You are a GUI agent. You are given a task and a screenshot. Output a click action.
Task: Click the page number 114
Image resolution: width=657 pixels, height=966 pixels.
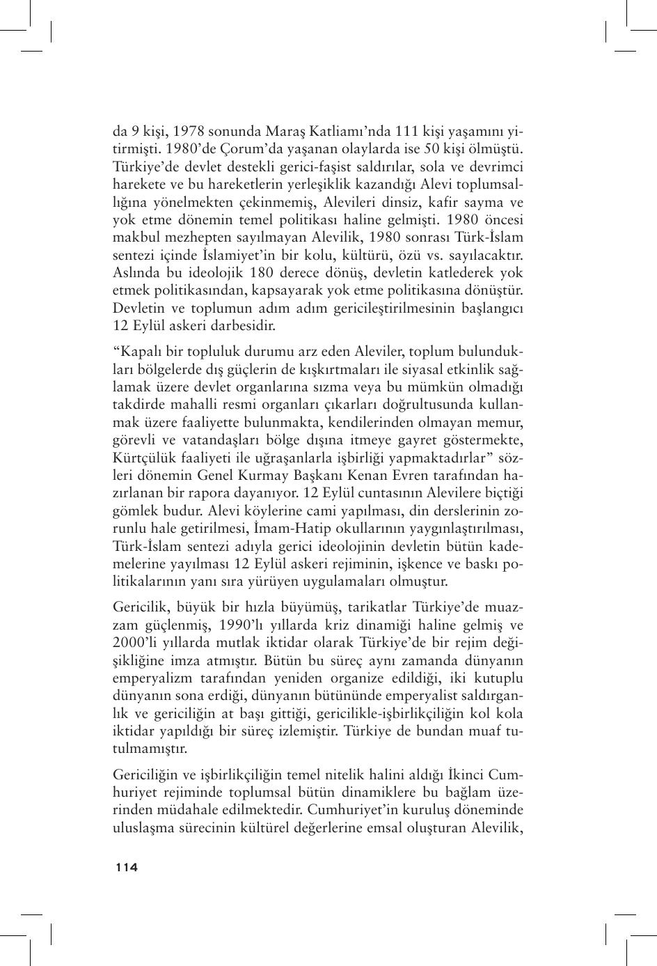[127, 867]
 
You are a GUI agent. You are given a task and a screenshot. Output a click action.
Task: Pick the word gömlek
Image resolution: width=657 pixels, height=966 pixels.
[134, 511]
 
